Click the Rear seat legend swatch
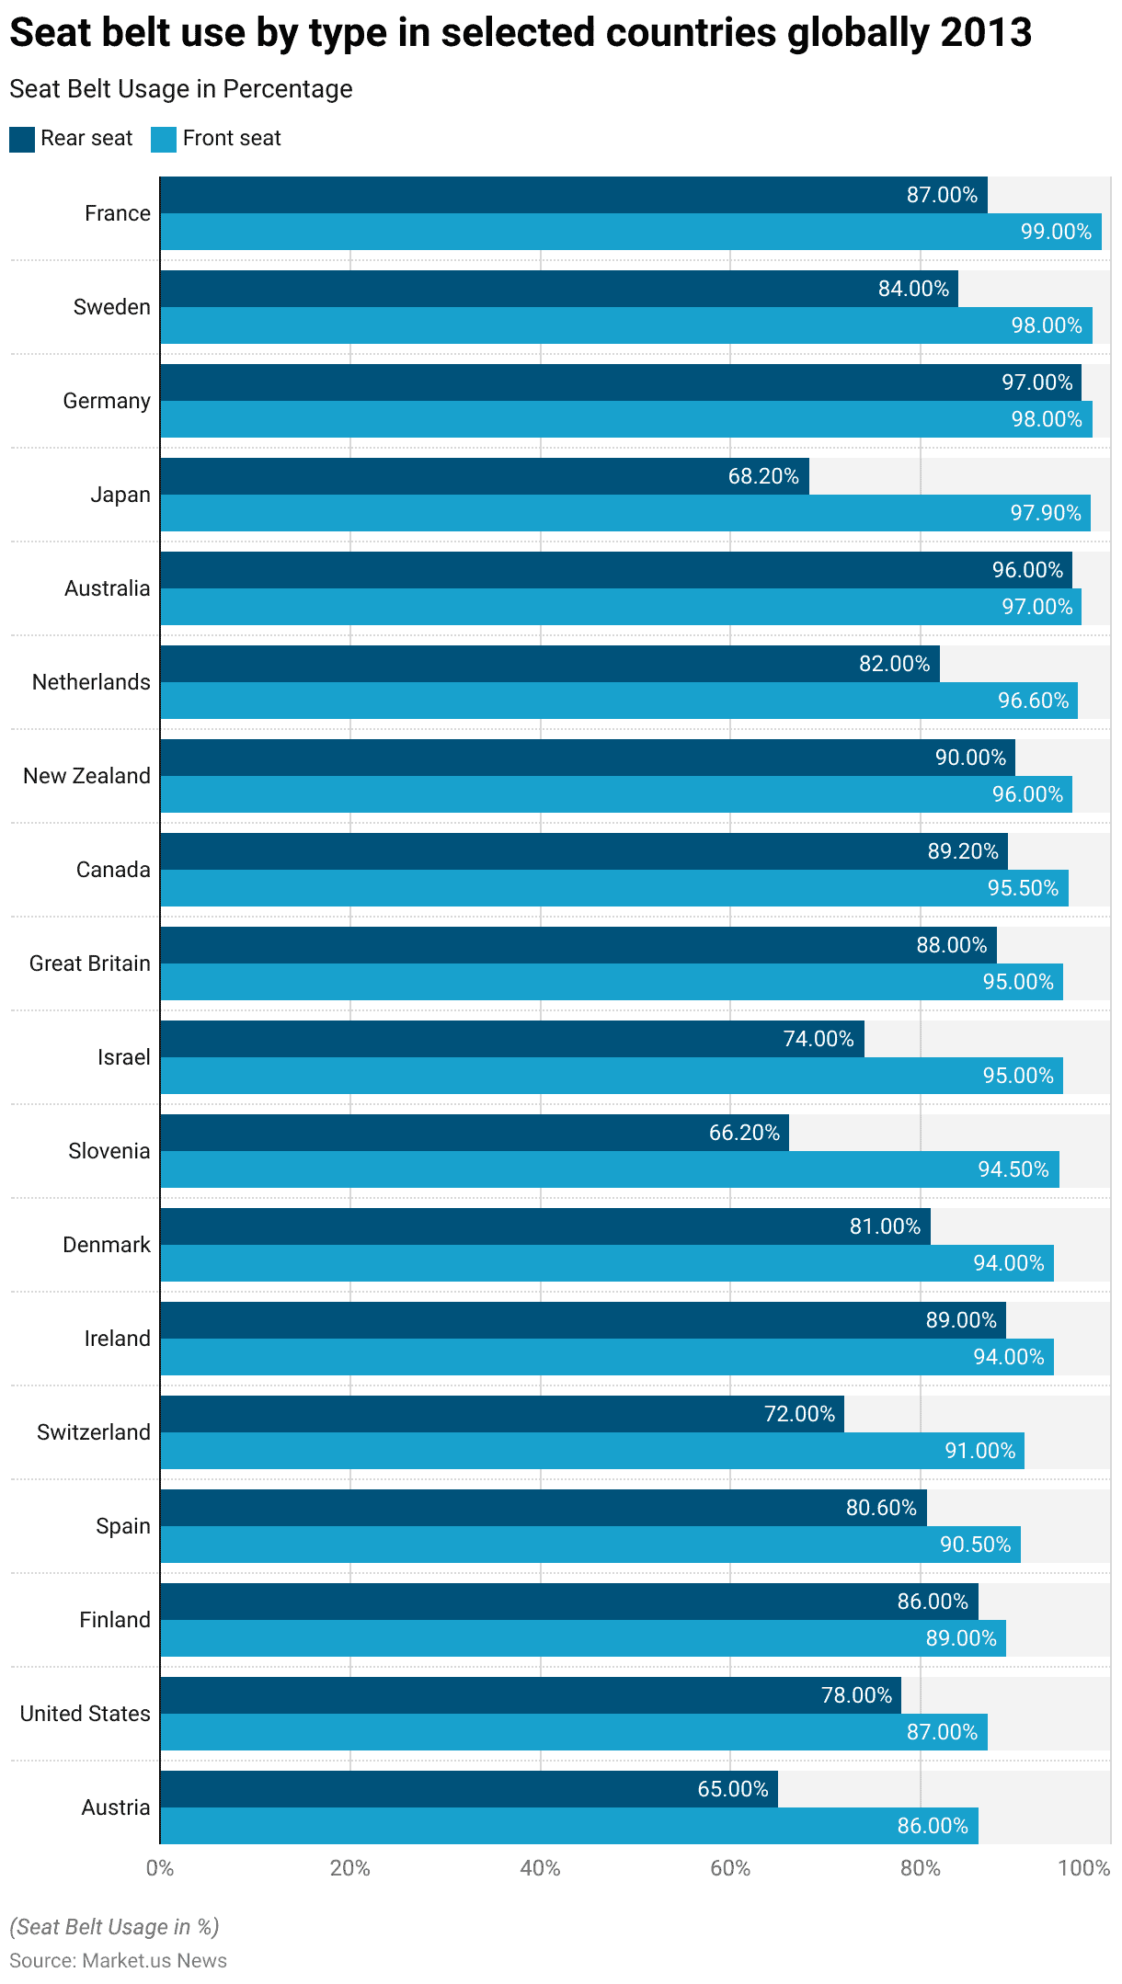pyautogui.click(x=22, y=139)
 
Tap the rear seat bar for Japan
pyautogui.click(x=484, y=476)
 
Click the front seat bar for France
pyautogui.click(x=630, y=232)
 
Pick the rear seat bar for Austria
pyautogui.click(x=468, y=1789)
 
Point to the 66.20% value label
pyautogui.click(x=744, y=1133)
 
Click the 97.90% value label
pyautogui.click(x=1046, y=513)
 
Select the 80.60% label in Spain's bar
pyautogui.click(x=881, y=1508)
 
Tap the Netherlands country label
pyautogui.click(x=91, y=682)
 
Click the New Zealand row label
pyautogui.click(x=86, y=776)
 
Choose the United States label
pyautogui.click(x=85, y=1714)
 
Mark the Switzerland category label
pyautogui.click(x=93, y=1432)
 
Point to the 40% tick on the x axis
pyautogui.click(x=540, y=1868)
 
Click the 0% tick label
pyautogui.click(x=160, y=1868)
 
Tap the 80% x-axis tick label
pyautogui.click(x=920, y=1868)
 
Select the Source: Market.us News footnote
pyautogui.click(x=118, y=1960)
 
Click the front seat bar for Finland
pyautogui.click(x=582, y=1638)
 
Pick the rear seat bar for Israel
pyautogui.click(x=511, y=1039)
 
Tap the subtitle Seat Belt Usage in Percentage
pyautogui.click(x=181, y=89)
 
